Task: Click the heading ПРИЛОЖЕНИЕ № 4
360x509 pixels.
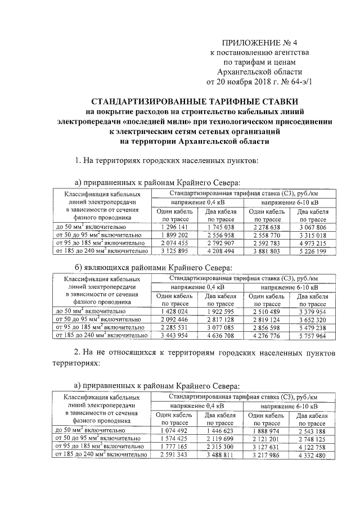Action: (259, 42)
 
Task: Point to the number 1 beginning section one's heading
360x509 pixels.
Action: (78, 161)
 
